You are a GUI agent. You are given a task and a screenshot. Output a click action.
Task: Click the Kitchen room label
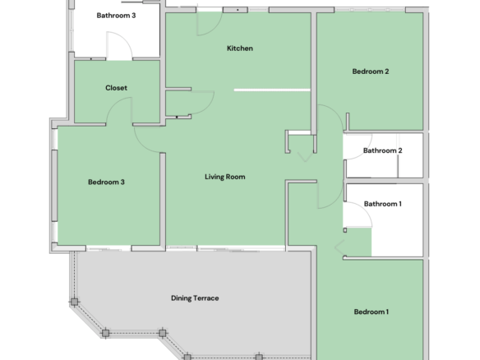(240, 48)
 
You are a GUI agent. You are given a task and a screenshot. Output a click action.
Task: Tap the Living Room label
(224, 177)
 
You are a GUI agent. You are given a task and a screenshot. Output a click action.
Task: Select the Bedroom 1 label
(371, 312)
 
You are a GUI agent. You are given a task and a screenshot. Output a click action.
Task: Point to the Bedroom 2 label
(371, 72)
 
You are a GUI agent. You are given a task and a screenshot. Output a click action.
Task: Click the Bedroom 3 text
(106, 182)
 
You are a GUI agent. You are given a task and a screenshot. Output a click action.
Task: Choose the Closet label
(116, 88)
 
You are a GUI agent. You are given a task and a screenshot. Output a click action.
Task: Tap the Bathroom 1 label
(383, 204)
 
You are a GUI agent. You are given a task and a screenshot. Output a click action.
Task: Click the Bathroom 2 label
(383, 150)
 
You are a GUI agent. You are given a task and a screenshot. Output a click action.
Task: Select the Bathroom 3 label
(116, 16)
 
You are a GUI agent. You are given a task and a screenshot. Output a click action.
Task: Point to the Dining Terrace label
(195, 298)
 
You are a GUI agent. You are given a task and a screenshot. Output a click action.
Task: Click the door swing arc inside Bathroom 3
(125, 38)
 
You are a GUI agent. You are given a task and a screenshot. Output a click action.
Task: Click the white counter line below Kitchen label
(272, 90)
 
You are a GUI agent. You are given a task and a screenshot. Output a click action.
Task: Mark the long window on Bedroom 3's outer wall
(54, 186)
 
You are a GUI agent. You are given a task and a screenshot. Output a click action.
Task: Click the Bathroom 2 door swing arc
(364, 152)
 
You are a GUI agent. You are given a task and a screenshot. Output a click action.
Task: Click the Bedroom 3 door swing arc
(141, 144)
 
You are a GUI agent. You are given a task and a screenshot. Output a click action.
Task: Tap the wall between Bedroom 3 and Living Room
(163, 199)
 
